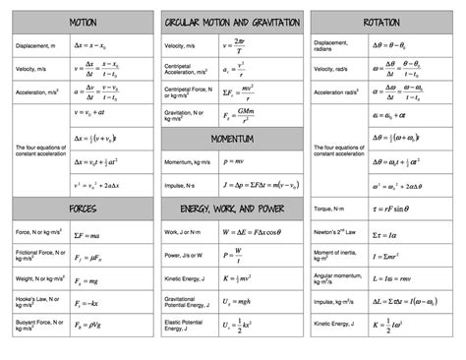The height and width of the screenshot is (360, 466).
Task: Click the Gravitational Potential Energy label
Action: (186, 303)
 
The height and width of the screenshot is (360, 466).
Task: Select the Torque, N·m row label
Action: (334, 210)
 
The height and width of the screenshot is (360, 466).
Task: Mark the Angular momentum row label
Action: (334, 279)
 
